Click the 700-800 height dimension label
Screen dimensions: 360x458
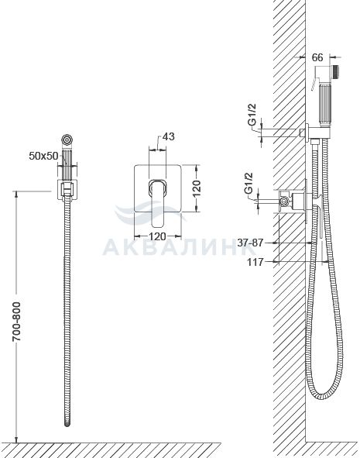click(16, 322)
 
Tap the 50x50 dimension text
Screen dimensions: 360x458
click(44, 156)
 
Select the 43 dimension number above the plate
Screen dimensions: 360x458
click(167, 136)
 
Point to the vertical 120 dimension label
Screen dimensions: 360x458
click(197, 188)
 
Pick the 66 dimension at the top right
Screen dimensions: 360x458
click(317, 57)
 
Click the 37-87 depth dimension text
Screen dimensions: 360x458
click(250, 243)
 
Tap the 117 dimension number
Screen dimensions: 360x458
click(255, 262)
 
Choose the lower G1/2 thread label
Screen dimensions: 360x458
click(249, 183)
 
